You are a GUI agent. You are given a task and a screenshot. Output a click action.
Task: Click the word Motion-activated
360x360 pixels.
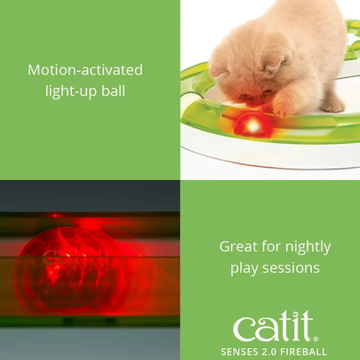click(85, 70)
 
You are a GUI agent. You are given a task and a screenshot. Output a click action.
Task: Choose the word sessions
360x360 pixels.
click(291, 268)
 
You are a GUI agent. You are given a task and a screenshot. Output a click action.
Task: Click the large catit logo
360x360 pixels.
click(273, 326)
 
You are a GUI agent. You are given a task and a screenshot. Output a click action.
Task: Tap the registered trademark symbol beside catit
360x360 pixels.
click(316, 339)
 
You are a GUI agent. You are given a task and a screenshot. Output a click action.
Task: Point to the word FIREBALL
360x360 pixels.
click(304, 352)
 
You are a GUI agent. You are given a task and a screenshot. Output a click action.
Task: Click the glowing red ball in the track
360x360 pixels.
click(252, 125)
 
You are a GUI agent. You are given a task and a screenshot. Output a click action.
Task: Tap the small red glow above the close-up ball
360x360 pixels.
click(55, 216)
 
